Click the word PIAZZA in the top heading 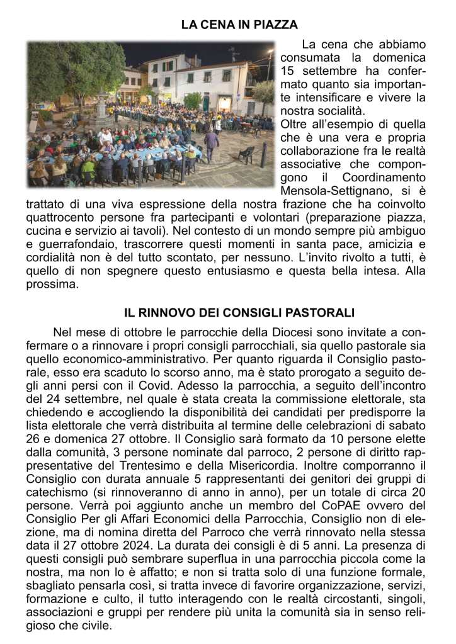coord(276,25)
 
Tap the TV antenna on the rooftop coord(234,52)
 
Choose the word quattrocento coord(56,217)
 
